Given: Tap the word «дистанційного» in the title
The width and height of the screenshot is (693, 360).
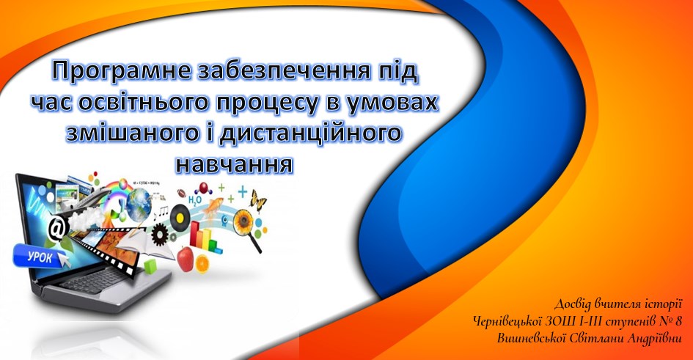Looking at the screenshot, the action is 310,133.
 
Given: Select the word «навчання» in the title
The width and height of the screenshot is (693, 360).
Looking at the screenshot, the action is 234,164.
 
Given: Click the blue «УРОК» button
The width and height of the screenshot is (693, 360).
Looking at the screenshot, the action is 40,256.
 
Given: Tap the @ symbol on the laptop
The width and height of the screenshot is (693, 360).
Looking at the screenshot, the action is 58,227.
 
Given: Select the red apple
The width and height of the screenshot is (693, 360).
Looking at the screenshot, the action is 186,258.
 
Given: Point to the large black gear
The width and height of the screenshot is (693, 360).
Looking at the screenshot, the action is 161,234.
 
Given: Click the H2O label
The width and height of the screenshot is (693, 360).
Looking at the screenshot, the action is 195,200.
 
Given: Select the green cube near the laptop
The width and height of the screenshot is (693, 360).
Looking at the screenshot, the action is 151,265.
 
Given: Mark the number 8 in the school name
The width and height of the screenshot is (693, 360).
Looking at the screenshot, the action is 678,320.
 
